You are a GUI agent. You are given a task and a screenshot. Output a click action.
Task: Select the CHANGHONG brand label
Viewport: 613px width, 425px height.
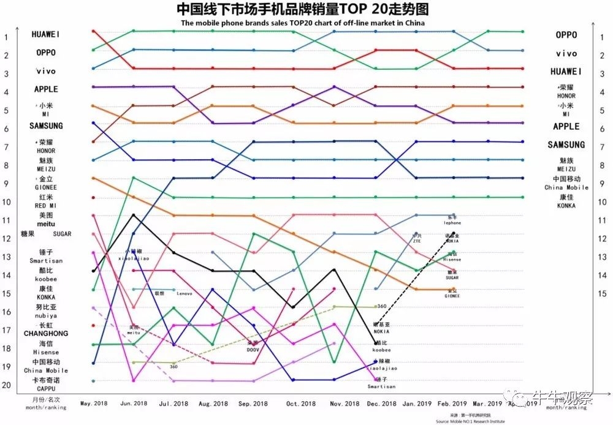(46, 333)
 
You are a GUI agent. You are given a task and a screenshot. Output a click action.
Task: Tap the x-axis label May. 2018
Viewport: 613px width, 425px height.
(94, 404)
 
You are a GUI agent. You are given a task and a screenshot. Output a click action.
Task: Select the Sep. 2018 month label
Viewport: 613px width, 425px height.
(253, 404)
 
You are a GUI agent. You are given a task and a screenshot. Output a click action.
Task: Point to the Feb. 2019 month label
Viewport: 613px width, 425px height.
(453, 404)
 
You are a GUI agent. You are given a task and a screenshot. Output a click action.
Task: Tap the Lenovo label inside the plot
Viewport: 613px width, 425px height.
(184, 294)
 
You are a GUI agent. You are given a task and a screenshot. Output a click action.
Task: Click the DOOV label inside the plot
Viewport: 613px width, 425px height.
(253, 349)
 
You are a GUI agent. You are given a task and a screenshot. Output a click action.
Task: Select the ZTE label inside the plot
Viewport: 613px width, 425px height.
(417, 241)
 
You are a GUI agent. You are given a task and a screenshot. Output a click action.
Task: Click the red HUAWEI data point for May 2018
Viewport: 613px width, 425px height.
(93, 31)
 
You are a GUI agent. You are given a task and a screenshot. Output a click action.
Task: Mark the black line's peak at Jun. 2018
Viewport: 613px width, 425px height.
(133, 215)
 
